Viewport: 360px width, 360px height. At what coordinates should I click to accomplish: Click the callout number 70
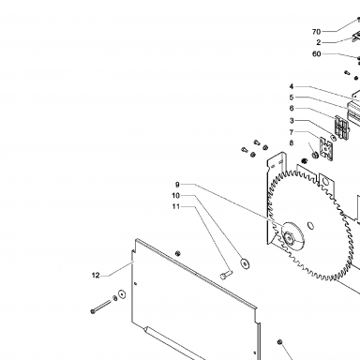(x=316, y=32)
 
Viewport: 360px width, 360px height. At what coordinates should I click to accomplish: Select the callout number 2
(x=319, y=42)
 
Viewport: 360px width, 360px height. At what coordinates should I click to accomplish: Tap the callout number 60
(x=317, y=54)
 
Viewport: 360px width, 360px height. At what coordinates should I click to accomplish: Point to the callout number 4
(x=292, y=86)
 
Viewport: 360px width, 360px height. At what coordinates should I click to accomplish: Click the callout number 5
(x=292, y=97)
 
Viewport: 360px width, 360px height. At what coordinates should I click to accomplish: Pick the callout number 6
(x=292, y=109)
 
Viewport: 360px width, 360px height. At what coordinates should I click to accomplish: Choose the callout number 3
(x=292, y=121)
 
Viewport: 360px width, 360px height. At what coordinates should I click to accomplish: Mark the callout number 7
(x=292, y=132)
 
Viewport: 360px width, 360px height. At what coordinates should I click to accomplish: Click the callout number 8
(x=292, y=143)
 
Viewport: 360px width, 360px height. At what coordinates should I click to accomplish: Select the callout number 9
(x=177, y=185)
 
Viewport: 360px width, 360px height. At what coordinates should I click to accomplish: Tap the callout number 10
(x=176, y=196)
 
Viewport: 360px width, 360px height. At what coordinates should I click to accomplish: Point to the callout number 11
(x=176, y=206)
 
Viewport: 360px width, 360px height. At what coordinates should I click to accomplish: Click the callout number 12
(x=96, y=276)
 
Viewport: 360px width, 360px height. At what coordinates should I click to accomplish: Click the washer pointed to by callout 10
(x=245, y=263)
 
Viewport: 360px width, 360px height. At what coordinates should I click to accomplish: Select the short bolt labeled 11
(x=226, y=276)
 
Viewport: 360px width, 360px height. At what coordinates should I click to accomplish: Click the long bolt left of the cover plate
(x=101, y=307)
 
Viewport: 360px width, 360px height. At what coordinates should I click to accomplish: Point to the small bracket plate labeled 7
(x=326, y=149)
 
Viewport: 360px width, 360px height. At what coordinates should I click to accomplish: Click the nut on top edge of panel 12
(x=178, y=253)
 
